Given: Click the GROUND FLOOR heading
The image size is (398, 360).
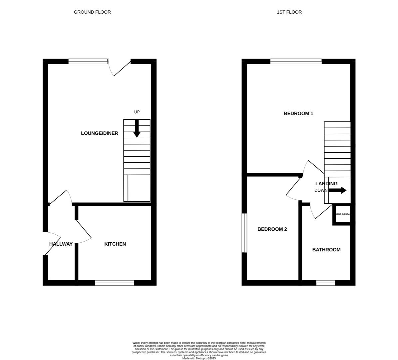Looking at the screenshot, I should tap(92, 12).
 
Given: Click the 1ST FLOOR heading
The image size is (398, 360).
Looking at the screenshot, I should tap(289, 12).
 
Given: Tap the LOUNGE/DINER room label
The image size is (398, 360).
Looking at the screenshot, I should tap(100, 133).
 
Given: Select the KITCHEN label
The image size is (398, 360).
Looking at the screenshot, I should tap(115, 244).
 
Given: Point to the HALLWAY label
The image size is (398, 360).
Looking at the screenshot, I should tap(61, 244).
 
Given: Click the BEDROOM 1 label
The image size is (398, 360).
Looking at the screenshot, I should tap(298, 113).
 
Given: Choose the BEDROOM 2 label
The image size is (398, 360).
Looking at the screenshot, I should tap(272, 229).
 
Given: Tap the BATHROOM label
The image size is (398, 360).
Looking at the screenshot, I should tap(326, 250).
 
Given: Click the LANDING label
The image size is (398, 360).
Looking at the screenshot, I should tap(326, 184).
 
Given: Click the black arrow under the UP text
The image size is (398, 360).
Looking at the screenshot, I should tap(137, 129).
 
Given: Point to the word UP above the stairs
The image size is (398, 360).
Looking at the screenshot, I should tap(137, 112).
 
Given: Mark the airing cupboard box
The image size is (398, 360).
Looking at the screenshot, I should tap(342, 214).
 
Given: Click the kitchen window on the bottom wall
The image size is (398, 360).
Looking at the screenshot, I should tap(115, 283).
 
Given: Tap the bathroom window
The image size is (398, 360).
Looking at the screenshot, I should tap(325, 283).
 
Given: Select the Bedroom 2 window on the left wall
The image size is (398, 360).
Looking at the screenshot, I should tap(244, 233).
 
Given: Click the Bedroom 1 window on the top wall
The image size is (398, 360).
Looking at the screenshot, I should tap(296, 61).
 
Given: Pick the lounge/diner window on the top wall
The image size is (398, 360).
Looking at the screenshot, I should tap(88, 61).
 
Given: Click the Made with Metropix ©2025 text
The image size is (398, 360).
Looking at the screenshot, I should tap(199, 358).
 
